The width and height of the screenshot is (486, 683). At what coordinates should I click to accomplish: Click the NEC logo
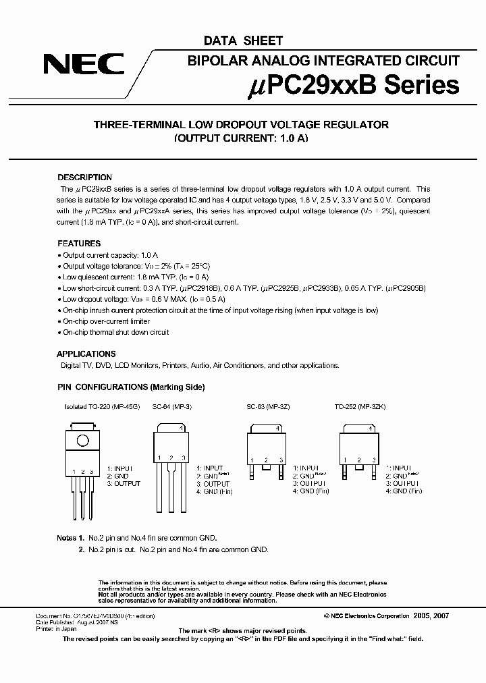pyautogui.click(x=84, y=65)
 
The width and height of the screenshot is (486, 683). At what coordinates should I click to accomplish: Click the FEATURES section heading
pyautogui.click(x=78, y=243)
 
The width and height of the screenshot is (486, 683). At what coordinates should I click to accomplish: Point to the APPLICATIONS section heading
pyautogui.click(x=86, y=354)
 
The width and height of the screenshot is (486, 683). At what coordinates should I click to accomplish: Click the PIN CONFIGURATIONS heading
pyautogui.click(x=130, y=387)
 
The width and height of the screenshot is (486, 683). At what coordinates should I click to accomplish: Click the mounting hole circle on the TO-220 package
pyautogui.click(x=82, y=441)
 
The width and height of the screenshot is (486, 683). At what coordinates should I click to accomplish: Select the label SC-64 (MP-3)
pyautogui.click(x=171, y=408)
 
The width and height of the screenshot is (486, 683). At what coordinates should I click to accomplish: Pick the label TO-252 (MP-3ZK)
pyautogui.click(x=360, y=408)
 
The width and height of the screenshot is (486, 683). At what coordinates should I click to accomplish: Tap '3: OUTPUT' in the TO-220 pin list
pyautogui.click(x=124, y=484)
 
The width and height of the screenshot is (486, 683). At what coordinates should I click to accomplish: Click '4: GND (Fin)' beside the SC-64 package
pyautogui.click(x=215, y=492)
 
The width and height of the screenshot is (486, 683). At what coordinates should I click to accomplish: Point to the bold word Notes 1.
pyautogui.click(x=70, y=539)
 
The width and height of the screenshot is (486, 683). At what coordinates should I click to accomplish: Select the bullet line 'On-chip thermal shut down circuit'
pyautogui.click(x=115, y=332)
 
